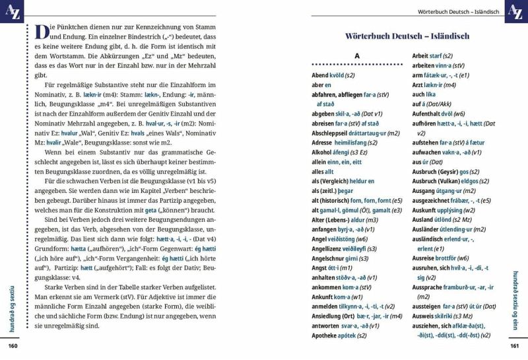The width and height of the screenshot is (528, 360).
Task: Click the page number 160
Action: [x=12, y=345]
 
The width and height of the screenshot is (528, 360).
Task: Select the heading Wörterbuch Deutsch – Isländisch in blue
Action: [x=407, y=36]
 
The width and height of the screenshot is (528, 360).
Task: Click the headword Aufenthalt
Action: [x=429, y=114]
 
